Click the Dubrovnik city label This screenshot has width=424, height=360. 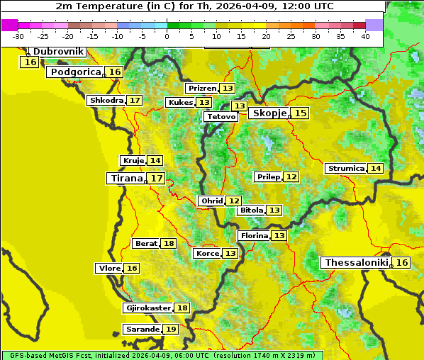pyautogui.click(x=57, y=52)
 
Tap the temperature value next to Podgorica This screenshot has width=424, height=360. pyautogui.click(x=114, y=72)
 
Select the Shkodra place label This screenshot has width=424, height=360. pyautogui.click(x=106, y=101)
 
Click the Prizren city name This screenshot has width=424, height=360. pyautogui.click(x=202, y=89)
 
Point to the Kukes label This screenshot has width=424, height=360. pyautogui.click(x=180, y=103)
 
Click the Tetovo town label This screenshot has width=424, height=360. pyautogui.click(x=221, y=116)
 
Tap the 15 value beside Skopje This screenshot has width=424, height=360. pyautogui.click(x=301, y=113)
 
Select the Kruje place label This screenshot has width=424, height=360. pyautogui.click(x=133, y=161)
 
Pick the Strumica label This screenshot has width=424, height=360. pyautogui.click(x=346, y=169)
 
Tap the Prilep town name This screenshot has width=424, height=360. pyautogui.click(x=269, y=176)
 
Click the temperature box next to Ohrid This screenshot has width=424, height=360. pyautogui.click(x=233, y=201)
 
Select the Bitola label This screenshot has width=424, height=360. pyautogui.click(x=251, y=210)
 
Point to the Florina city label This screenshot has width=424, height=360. pyautogui.click(x=254, y=235)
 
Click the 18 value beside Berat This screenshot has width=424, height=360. pyautogui.click(x=168, y=244)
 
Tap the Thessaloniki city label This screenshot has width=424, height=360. pyautogui.click(x=356, y=263)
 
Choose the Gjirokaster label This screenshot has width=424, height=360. pyautogui.click(x=148, y=308)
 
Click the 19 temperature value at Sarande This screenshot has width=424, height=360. pyautogui.click(x=170, y=330)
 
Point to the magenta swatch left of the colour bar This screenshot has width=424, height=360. pyautogui.click(x=9, y=25)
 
